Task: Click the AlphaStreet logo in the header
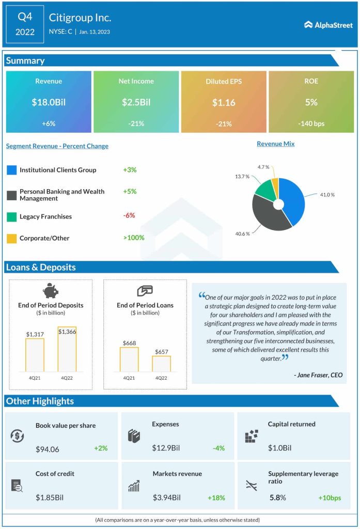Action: [328, 24]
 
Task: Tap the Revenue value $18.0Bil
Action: [49, 102]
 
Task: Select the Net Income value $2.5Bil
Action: [136, 102]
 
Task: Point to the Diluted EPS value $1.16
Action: [224, 102]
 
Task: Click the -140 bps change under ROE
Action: [311, 123]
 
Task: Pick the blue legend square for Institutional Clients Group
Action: [11, 170]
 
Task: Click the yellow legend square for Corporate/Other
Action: [11, 238]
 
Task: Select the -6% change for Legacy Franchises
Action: [129, 215]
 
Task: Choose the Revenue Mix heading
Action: [275, 144]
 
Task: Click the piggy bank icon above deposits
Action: [51, 291]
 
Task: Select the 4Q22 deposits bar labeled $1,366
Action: [67, 349]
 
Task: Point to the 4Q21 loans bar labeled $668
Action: [129, 359]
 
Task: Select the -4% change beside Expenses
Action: [218, 448]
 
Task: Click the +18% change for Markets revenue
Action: [216, 498]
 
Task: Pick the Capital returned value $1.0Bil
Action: [279, 448]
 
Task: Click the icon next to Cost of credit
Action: [17, 486]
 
